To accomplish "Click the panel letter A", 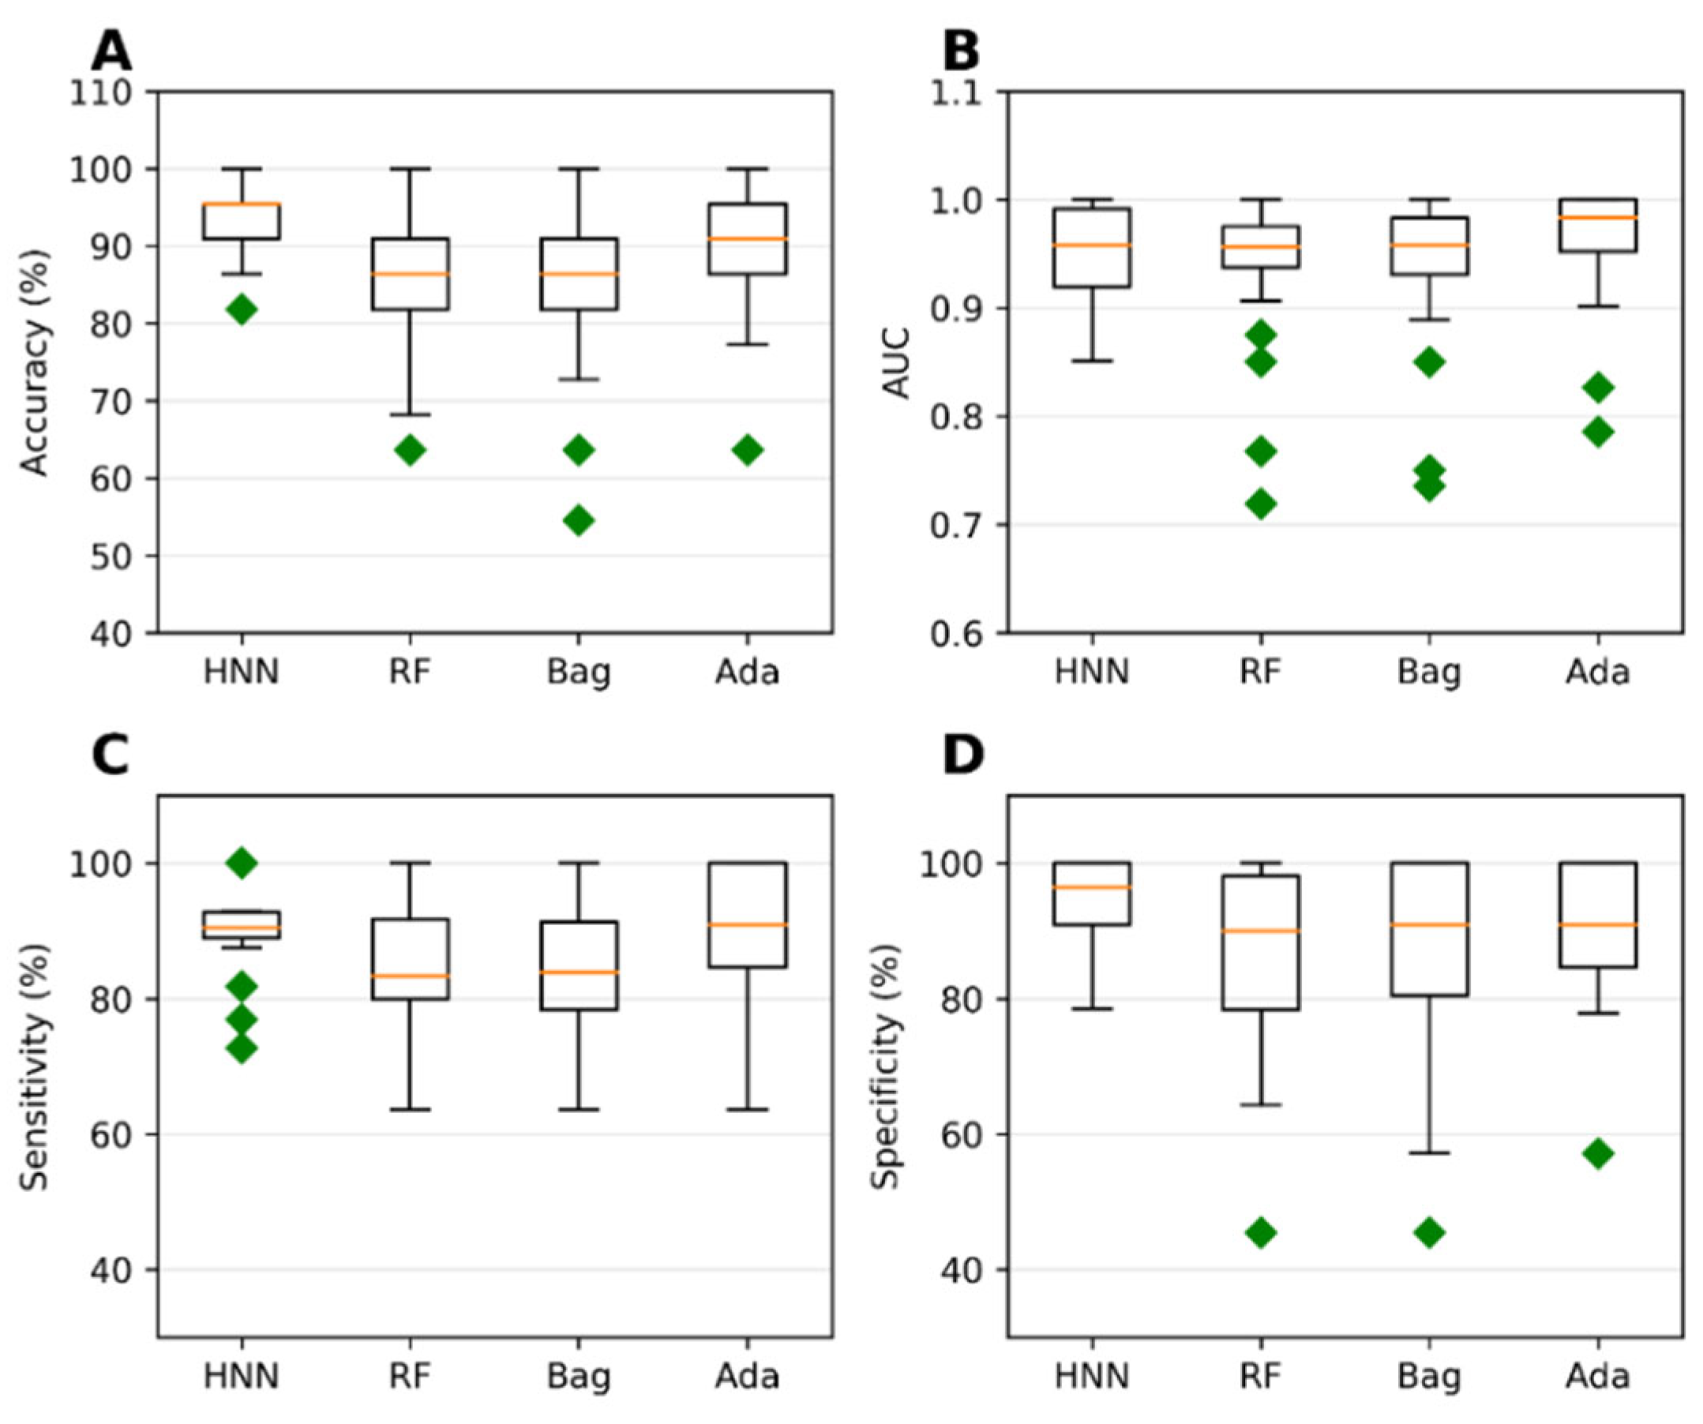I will (x=111, y=52).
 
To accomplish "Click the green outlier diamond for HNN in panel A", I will (x=242, y=309).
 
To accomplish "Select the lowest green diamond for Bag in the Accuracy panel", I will (x=578, y=521).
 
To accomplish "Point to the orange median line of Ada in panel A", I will (x=747, y=238).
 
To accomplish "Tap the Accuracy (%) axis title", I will (x=34, y=362).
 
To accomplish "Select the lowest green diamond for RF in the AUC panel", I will (x=1261, y=504).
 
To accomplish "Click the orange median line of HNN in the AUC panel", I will (x=1093, y=244).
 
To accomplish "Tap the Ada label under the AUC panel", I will (x=1597, y=673).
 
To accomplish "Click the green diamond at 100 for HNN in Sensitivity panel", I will (x=242, y=864).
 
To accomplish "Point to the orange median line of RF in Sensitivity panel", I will (x=411, y=976).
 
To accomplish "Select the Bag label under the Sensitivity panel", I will (x=578, y=1377).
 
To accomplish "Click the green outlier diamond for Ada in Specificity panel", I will (x=1597, y=1153).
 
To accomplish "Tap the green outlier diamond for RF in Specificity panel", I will (x=1261, y=1234).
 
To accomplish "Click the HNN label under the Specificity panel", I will (x=1093, y=1376).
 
